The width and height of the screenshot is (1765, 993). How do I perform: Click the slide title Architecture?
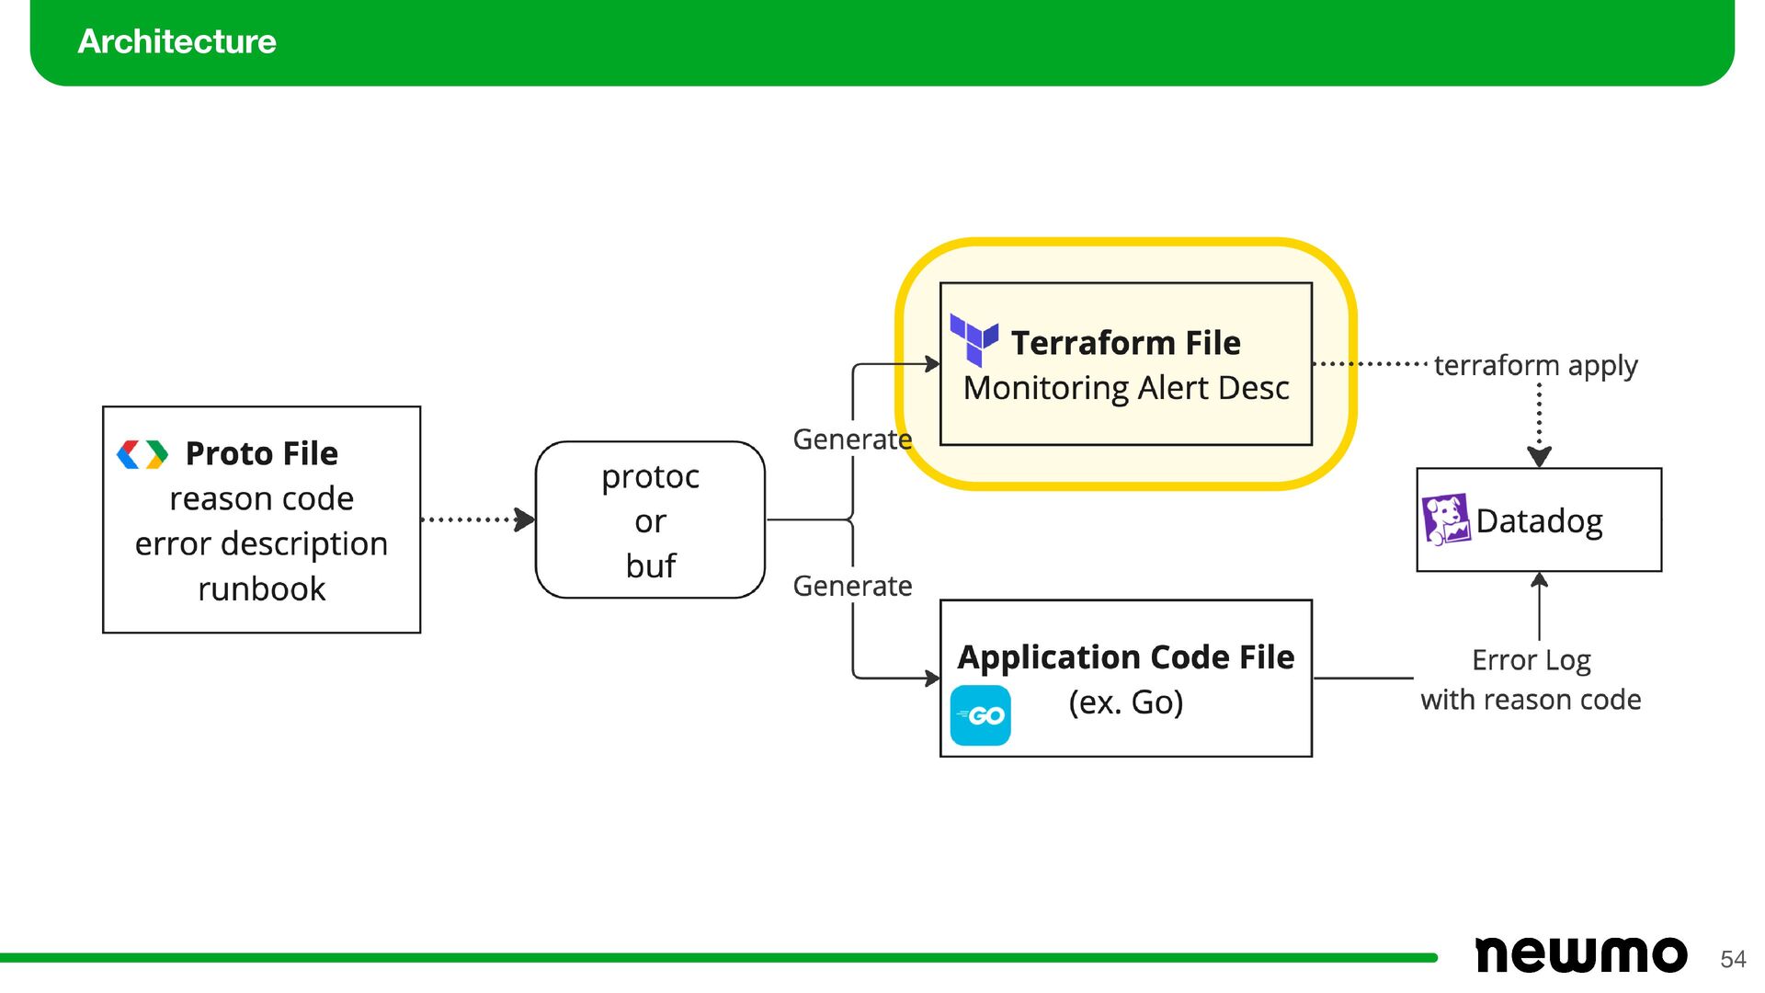coord(176,41)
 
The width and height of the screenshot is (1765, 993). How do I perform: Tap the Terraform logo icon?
coord(974,339)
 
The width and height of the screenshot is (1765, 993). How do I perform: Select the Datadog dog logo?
coord(1446,519)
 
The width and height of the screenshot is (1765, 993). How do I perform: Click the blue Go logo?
coord(980,715)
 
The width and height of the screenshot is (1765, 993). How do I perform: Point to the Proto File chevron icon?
coord(142,454)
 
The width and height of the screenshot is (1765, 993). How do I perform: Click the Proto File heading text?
coord(262,453)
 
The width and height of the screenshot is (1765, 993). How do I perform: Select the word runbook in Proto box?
coord(262,588)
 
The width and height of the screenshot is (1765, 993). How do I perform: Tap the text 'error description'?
coord(261,543)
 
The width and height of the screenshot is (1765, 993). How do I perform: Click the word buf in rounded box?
coord(651,565)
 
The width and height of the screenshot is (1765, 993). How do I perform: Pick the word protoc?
coord(651,476)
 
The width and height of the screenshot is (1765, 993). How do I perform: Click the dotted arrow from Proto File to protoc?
coord(478,519)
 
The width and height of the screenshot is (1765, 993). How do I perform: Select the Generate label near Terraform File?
coord(852,439)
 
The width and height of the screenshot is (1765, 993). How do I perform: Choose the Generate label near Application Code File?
coord(852,586)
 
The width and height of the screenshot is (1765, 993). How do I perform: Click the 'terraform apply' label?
coord(1536,366)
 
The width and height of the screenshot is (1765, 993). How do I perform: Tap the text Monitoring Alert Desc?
coord(1126,388)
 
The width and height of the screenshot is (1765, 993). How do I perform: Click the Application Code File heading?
coord(1126,656)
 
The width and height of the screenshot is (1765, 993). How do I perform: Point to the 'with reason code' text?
coord(1531,700)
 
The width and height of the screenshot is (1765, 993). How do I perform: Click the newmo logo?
coord(1581,954)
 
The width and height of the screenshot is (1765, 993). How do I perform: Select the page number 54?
coord(1733,959)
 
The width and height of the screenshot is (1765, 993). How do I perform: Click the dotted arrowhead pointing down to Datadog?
coord(1540,456)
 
